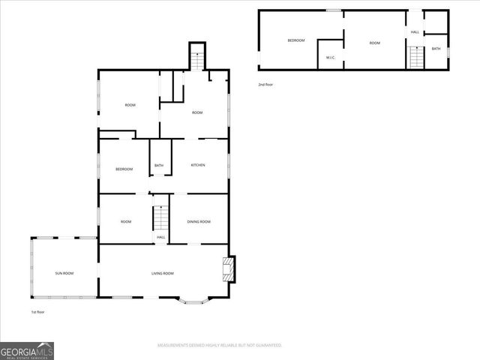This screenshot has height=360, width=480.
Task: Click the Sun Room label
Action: (x=64, y=273)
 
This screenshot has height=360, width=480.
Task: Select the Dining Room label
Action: (x=199, y=221)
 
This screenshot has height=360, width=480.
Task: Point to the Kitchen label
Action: (x=198, y=165)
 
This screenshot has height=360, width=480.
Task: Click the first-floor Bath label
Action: (x=159, y=166)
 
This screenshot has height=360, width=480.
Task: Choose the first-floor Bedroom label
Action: (x=124, y=169)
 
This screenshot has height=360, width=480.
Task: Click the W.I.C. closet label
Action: (x=330, y=58)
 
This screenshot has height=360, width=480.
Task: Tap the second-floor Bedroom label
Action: (x=296, y=40)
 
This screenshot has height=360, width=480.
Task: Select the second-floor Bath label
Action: (x=436, y=49)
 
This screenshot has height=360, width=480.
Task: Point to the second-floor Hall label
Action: (x=415, y=32)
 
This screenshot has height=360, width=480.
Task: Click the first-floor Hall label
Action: (x=160, y=237)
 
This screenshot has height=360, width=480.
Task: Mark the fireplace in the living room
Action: (x=229, y=269)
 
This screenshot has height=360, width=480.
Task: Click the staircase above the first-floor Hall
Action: (x=160, y=218)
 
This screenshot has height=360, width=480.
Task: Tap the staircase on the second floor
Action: (x=416, y=57)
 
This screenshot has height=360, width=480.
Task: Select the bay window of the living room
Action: (x=195, y=301)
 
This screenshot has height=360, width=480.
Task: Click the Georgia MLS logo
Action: (x=27, y=351)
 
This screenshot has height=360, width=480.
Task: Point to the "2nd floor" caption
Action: (x=265, y=85)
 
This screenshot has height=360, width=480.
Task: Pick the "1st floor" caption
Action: (x=38, y=311)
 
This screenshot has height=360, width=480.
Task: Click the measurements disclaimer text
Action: (x=219, y=345)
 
